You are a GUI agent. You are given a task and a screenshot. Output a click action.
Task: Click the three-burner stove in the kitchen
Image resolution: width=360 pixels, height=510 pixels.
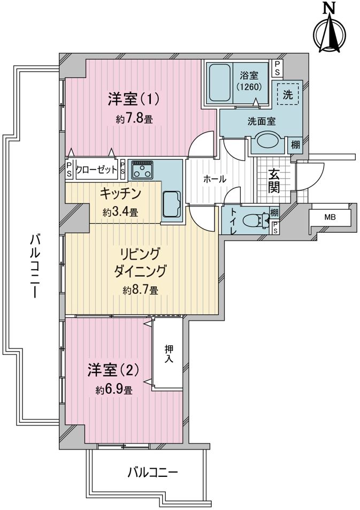click(142, 170)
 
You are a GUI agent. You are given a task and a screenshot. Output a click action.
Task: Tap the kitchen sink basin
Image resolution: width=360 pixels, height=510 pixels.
click(171, 204)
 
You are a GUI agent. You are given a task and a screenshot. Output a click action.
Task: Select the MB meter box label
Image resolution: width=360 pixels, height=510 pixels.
click(330, 217)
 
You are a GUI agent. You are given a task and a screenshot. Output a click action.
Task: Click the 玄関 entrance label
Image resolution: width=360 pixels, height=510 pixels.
click(274, 181)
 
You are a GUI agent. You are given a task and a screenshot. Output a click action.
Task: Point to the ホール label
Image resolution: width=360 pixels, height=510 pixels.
click(215, 179)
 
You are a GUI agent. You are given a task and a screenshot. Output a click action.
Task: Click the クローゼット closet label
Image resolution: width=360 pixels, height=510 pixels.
click(96, 170)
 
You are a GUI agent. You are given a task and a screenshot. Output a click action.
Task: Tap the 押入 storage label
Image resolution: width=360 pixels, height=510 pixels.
click(168, 354)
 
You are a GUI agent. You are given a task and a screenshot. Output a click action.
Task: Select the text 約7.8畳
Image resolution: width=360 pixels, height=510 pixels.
click(134, 119)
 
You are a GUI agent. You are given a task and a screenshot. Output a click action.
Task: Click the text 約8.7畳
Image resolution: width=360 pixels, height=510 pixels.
click(141, 290)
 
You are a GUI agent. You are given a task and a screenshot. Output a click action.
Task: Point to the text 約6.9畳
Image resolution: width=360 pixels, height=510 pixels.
click(114, 390)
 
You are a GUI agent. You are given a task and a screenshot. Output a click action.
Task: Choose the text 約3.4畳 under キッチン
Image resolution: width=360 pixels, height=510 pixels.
click(120, 212)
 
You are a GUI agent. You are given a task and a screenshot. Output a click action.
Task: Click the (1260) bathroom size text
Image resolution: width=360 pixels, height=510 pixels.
click(249, 87)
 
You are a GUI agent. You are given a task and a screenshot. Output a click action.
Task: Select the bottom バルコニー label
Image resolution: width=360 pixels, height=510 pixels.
click(152, 471)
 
